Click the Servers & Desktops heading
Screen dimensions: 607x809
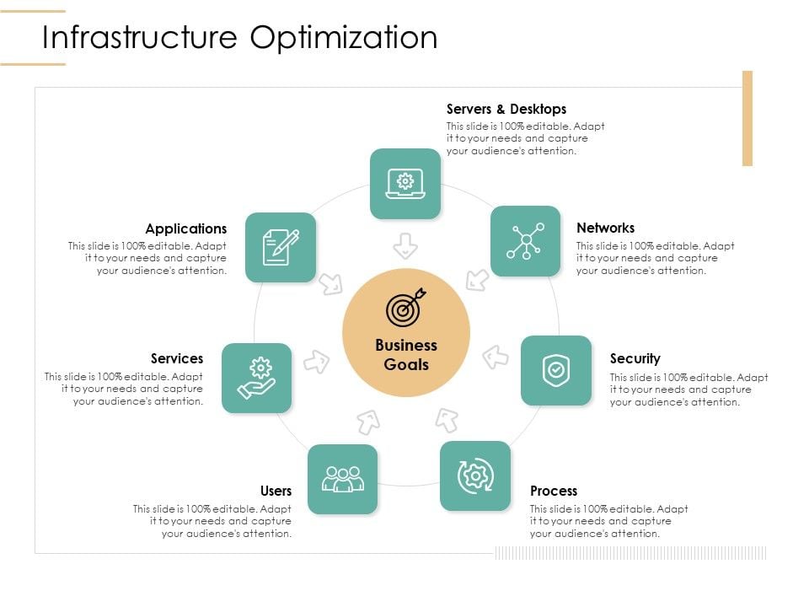pyautogui.click(x=506, y=109)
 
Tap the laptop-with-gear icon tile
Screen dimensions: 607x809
pyautogui.click(x=405, y=183)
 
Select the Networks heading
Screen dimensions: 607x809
pyautogui.click(x=605, y=228)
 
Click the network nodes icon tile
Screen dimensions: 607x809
pyautogui.click(x=525, y=241)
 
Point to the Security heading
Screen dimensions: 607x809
pyautogui.click(x=635, y=358)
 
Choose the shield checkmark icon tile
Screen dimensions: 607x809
pyautogui.click(x=556, y=370)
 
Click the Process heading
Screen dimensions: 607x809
pyautogui.click(x=554, y=491)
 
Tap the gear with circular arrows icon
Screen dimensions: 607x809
pyautogui.click(x=475, y=475)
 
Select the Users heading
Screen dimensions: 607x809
pyautogui.click(x=276, y=491)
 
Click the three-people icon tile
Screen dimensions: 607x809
pyautogui.click(x=343, y=479)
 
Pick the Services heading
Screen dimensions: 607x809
pyautogui.click(x=177, y=358)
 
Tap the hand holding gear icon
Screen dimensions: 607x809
pyautogui.click(x=257, y=378)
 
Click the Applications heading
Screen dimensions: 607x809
pyautogui.click(x=185, y=228)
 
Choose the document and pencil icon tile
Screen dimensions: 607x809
pyautogui.click(x=281, y=247)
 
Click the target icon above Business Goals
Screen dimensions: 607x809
pyautogui.click(x=406, y=309)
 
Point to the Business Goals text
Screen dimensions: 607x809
pyautogui.click(x=406, y=355)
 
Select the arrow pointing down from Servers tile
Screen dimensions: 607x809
pyautogui.click(x=405, y=245)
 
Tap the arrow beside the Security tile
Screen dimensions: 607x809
pyautogui.click(x=496, y=357)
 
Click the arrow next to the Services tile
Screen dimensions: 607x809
pyautogui.click(x=316, y=362)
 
